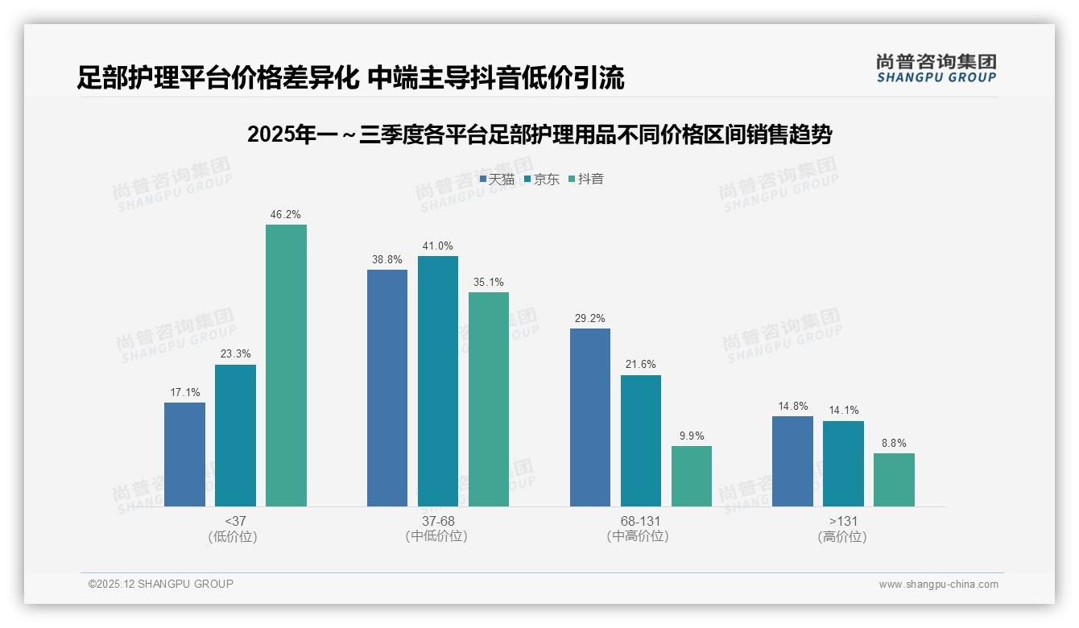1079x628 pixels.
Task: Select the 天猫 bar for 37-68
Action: [387, 387]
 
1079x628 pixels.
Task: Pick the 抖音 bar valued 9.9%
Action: [692, 476]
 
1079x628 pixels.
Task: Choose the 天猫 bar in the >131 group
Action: [792, 461]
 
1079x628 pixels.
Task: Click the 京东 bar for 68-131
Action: [641, 440]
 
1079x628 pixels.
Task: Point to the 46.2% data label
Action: [286, 215]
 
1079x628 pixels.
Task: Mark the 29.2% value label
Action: [589, 319]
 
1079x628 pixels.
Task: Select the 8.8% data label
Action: [894, 444]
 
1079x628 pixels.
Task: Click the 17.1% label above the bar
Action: [184, 393]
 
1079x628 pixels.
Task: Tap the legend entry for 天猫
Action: [497, 179]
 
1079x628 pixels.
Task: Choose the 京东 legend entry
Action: [541, 179]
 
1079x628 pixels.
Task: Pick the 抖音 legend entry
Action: [586, 179]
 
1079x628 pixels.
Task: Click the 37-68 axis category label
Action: [437, 521]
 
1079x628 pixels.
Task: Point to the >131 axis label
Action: [843, 521]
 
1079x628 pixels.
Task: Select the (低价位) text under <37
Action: [234, 536]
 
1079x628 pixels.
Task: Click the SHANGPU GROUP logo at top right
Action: [936, 68]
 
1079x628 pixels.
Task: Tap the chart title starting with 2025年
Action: [539, 134]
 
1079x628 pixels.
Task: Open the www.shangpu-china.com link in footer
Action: [938, 585]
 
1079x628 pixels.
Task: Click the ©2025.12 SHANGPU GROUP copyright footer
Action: [161, 584]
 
